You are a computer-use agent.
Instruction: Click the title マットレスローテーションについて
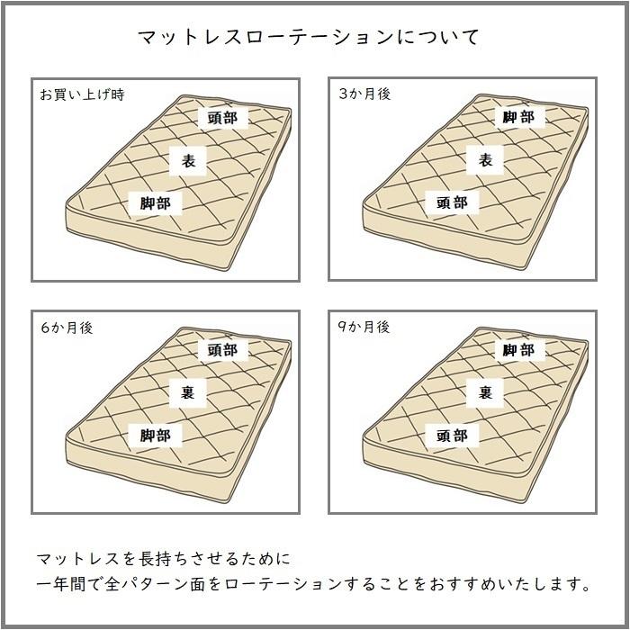pos(309,38)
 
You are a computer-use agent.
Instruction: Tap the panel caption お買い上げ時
pos(82,94)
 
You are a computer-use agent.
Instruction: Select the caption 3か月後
pos(364,94)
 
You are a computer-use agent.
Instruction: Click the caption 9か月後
pos(364,328)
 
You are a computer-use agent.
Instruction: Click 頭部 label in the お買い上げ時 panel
pos(221,118)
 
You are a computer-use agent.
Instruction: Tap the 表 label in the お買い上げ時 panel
pos(188,161)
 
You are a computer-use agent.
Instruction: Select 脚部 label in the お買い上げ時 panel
pos(155,204)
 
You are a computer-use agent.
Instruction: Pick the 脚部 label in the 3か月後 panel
pos(518,117)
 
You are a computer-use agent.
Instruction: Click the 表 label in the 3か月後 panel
pos(485,160)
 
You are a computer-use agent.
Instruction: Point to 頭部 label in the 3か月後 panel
pos(452,203)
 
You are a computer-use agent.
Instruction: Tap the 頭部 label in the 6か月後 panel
pos(221,350)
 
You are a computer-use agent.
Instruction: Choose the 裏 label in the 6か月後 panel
pos(188,392)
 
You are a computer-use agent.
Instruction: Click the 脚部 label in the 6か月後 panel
pos(155,436)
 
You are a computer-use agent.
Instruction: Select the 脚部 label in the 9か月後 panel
pos(518,350)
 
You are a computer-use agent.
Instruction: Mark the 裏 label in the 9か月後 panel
pos(485,392)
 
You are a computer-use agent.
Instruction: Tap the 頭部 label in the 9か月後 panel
pos(452,436)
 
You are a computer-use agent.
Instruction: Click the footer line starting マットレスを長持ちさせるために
pos(164,560)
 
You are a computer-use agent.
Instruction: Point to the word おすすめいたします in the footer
pos(514,585)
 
